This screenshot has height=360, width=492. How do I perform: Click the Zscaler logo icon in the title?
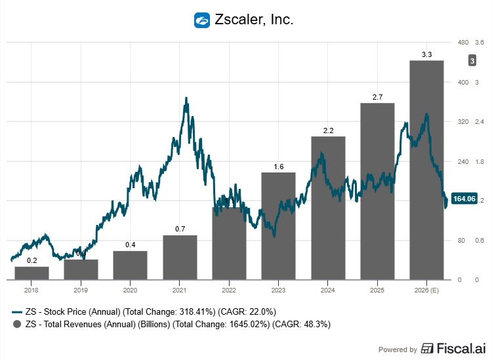[202, 20]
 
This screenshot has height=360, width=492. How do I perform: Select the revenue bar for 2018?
[32, 273]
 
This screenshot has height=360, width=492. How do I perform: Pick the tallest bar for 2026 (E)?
[426, 170]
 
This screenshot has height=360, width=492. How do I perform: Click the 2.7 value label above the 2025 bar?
[377, 97]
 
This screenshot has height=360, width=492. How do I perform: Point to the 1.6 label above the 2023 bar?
[278, 167]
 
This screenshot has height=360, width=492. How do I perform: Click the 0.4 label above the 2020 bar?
[130, 245]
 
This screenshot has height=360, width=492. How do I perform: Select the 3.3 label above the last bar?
[426, 54]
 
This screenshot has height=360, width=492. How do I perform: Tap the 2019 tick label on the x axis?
[81, 289]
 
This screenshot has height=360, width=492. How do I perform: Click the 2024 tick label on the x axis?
[327, 289]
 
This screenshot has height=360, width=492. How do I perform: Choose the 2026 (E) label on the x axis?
[426, 289]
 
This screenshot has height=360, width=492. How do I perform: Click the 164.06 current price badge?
[464, 199]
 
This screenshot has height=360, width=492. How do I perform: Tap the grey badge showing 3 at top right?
[471, 61]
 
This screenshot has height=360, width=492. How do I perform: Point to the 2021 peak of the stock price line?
[186, 99]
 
